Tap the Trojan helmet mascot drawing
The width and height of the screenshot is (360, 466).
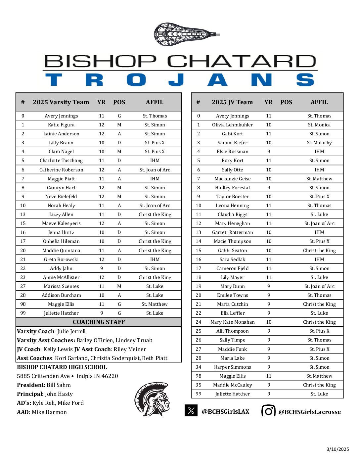pyautogui.click(x=152, y=399)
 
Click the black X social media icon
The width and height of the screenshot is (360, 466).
pyautogui.click(x=191, y=411)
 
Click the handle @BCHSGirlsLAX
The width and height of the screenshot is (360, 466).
pyautogui.click(x=225, y=412)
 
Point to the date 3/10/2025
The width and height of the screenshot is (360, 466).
pyautogui.click(x=337, y=449)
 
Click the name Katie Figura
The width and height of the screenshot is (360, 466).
pyautogui.click(x=61, y=125)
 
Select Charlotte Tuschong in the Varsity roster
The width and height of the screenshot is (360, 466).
pyautogui.click(x=61, y=161)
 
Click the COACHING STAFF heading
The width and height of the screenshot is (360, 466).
pyautogui.click(x=99, y=322)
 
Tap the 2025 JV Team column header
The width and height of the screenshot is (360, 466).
pyautogui.click(x=232, y=102)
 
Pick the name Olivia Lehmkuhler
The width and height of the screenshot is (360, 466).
pyautogui.click(x=232, y=125)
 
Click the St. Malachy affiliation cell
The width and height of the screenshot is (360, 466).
pyautogui.click(x=319, y=143)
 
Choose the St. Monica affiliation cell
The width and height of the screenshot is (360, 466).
pyautogui.click(x=319, y=125)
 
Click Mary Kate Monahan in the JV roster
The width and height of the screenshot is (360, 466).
pyautogui.click(x=232, y=322)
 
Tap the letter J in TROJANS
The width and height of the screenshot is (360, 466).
pyautogui.click(x=176, y=80)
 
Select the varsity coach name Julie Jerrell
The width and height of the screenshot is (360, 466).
pyautogui.click(x=71, y=331)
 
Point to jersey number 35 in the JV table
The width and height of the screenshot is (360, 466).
pyautogui.click(x=198, y=385)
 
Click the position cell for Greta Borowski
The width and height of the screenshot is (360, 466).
pyautogui.click(x=119, y=259)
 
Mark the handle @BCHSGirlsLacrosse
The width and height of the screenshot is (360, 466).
pyautogui.click(x=309, y=412)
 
